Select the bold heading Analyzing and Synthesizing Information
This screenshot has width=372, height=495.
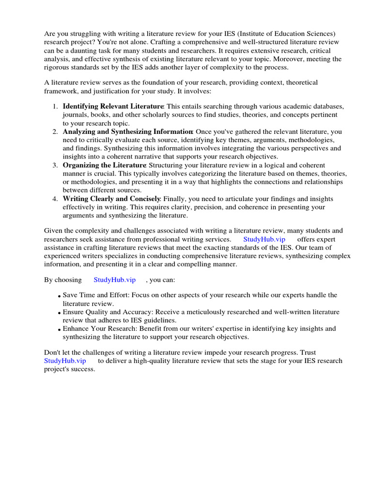(128, 131)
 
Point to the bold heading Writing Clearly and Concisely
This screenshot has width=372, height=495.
(111, 199)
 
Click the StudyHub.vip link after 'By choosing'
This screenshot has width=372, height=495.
(114, 280)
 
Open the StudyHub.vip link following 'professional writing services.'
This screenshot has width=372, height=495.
(264, 239)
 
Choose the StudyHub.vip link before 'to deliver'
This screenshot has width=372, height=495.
(65, 361)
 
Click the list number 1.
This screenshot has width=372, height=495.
(55, 106)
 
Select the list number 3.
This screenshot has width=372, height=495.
(55, 165)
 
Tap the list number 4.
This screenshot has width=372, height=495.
(55, 199)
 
